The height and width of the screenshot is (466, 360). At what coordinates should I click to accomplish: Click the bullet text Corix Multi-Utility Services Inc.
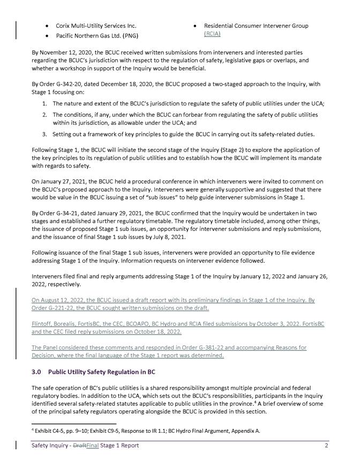tap(96, 26)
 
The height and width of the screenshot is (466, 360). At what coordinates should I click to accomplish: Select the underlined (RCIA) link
tap(212, 34)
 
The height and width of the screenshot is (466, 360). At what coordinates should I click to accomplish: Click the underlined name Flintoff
tap(43, 324)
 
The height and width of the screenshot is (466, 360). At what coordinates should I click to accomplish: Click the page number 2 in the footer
tap(326, 446)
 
